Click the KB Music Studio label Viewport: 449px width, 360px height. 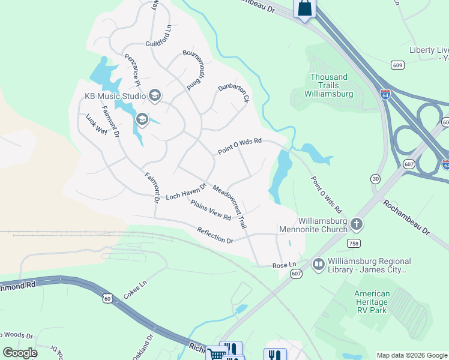point(115,96)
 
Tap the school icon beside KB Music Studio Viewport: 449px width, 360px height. point(155,95)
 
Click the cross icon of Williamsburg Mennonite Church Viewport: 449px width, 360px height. point(357,224)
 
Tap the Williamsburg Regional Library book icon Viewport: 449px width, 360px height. point(318,264)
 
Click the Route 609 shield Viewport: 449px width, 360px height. point(397,65)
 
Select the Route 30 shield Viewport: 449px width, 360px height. point(375,179)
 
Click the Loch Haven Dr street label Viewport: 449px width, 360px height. point(185,191)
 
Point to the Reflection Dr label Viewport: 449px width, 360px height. point(215,235)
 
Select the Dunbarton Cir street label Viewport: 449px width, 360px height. point(232,93)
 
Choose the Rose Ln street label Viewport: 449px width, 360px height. point(285,265)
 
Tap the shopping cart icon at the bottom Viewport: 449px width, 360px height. point(216,353)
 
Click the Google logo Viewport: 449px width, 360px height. point(20,353)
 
